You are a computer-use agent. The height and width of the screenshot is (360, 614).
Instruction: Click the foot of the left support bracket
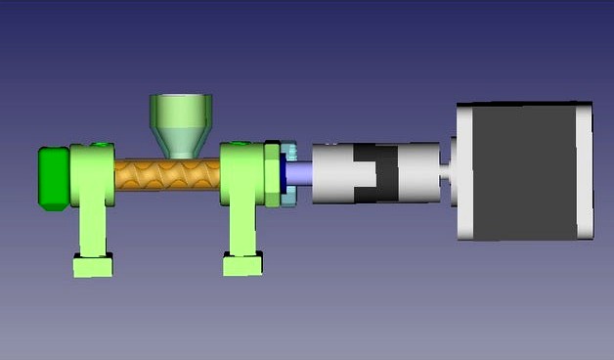93,264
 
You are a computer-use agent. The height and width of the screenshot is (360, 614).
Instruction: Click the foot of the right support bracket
242,264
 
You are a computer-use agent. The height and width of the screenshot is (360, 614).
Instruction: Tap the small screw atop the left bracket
99,145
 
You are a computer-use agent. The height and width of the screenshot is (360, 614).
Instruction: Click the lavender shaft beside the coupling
302,173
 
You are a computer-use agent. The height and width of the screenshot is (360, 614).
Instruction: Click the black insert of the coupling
375,174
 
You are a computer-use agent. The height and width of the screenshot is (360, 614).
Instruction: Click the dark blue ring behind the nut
282,174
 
